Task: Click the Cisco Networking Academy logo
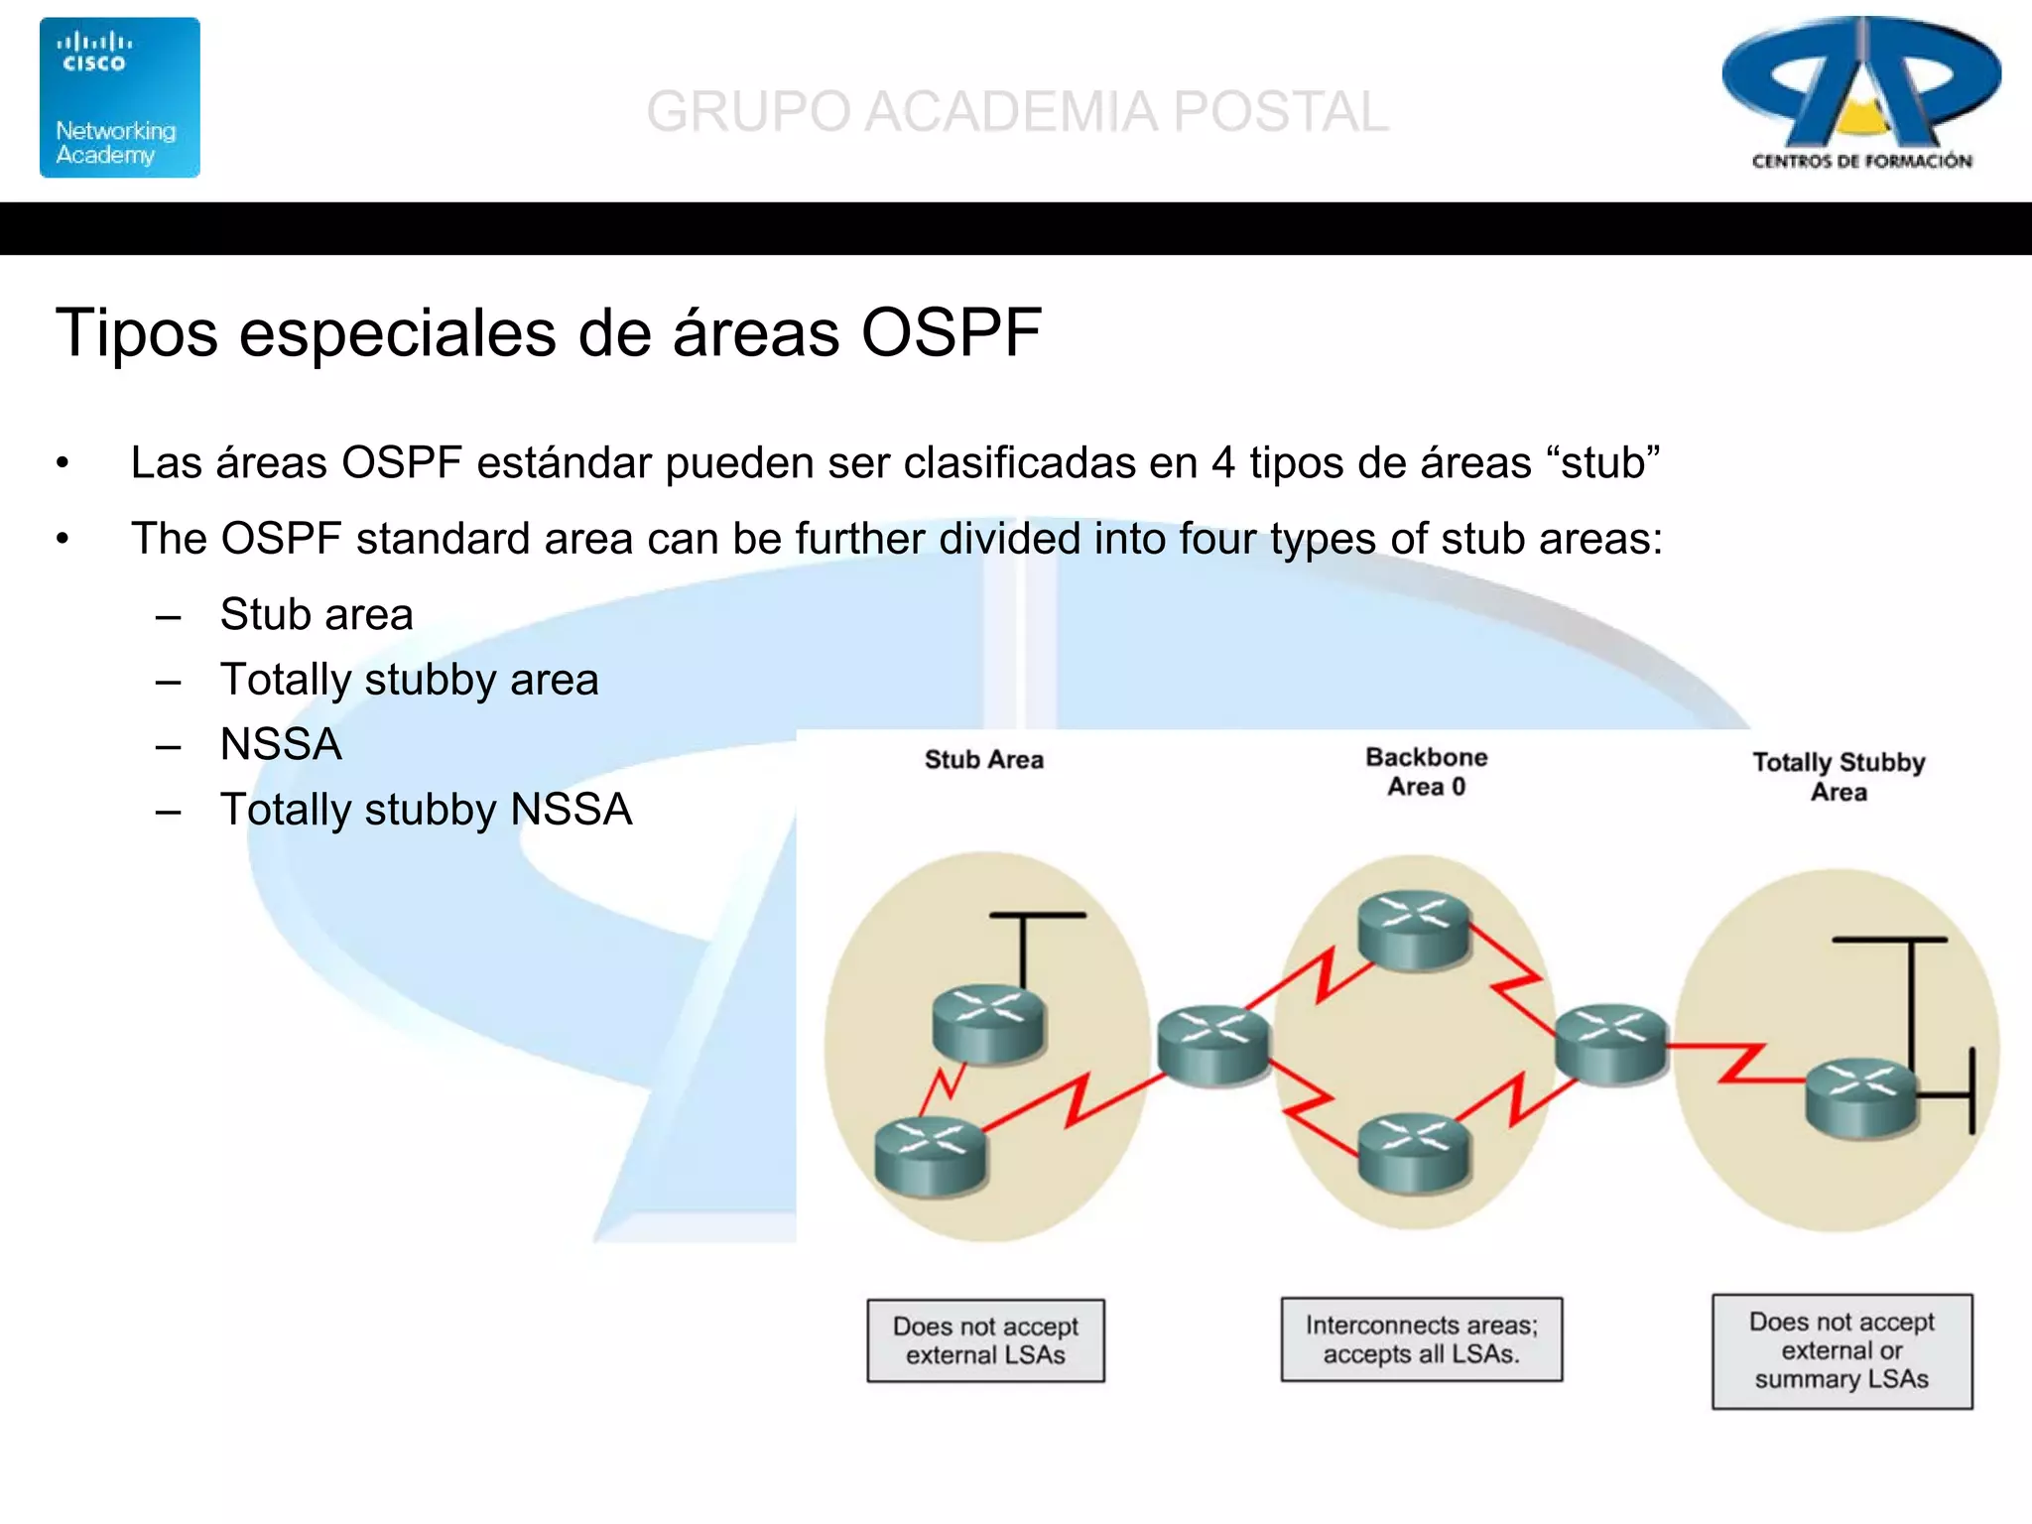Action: [x=119, y=97]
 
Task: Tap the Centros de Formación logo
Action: [x=1861, y=94]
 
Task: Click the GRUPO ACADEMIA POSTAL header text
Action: [x=1017, y=111]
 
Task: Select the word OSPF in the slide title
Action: [x=951, y=332]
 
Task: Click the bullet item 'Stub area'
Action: [x=316, y=614]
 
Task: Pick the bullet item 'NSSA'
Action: [x=281, y=744]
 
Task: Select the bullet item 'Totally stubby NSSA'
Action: [x=426, y=810]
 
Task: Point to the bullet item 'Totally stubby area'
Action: [x=409, y=680]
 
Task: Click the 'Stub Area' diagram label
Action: [x=983, y=760]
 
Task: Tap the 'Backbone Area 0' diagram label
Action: [x=1426, y=772]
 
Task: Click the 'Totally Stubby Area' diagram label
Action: [x=1839, y=777]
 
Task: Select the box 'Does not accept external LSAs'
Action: [x=985, y=1340]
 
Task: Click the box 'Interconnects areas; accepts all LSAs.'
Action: [x=1421, y=1339]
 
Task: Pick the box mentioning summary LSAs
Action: [x=1841, y=1350]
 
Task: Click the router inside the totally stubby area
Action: [x=1860, y=1097]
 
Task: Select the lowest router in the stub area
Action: [x=931, y=1155]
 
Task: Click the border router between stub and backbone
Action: [x=1212, y=1043]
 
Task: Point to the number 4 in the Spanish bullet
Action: [x=1222, y=463]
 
